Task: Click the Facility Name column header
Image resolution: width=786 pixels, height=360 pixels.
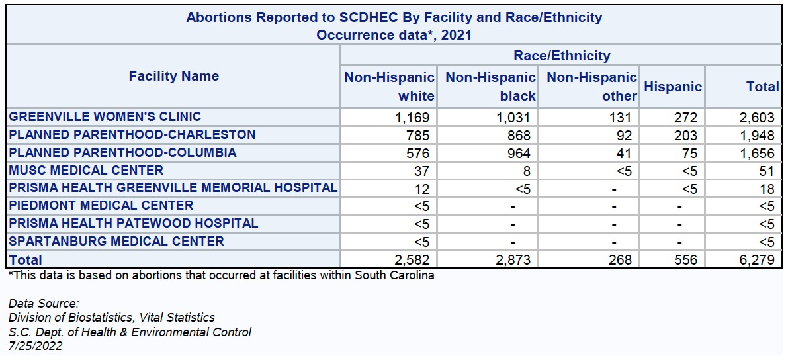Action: pyautogui.click(x=173, y=76)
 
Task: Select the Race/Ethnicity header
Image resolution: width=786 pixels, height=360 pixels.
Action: pyautogui.click(x=562, y=56)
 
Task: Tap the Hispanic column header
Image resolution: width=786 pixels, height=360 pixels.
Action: pyautogui.click(x=672, y=87)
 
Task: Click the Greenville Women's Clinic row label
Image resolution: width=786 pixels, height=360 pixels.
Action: pyautogui.click(x=105, y=117)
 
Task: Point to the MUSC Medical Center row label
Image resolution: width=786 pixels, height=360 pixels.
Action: pyautogui.click(x=86, y=171)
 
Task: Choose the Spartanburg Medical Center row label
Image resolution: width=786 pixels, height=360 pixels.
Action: pyautogui.click(x=116, y=242)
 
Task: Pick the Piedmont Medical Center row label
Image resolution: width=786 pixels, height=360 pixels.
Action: pyautogui.click(x=101, y=206)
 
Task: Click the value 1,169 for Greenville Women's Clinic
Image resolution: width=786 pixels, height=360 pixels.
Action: pyautogui.click(x=412, y=118)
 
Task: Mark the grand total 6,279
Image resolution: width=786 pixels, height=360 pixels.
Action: pyautogui.click(x=757, y=260)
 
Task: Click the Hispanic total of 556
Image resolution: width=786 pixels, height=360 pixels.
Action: pyautogui.click(x=685, y=260)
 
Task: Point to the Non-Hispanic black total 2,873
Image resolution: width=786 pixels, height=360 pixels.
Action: pyautogui.click(x=513, y=260)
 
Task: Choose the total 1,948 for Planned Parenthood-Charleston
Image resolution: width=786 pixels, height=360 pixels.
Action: pyautogui.click(x=757, y=136)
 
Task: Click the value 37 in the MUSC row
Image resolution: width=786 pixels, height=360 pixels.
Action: pyautogui.click(x=421, y=171)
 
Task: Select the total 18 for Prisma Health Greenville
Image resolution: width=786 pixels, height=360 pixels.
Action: pyautogui.click(x=766, y=189)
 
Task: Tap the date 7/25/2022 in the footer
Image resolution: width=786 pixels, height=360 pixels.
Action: pyautogui.click(x=36, y=346)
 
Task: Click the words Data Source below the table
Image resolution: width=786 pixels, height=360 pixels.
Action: pyautogui.click(x=44, y=304)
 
